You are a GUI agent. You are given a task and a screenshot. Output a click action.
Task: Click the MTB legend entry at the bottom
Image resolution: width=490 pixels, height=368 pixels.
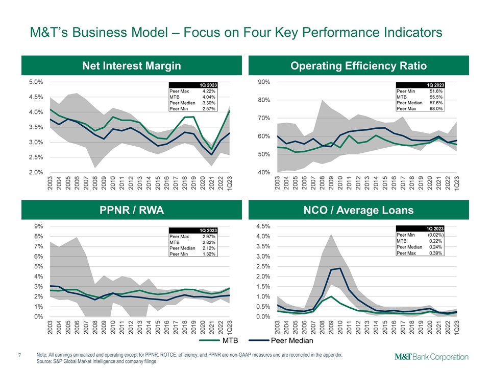pyautogui.click(x=226, y=340)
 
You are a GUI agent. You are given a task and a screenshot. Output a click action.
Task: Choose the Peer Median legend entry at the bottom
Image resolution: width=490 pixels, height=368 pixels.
pyautogui.click(x=288, y=340)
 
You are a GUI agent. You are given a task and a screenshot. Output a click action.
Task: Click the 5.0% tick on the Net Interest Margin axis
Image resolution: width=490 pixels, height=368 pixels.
pyautogui.click(x=35, y=82)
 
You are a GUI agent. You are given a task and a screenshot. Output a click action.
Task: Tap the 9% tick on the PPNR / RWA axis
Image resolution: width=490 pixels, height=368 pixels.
pyautogui.click(x=38, y=226)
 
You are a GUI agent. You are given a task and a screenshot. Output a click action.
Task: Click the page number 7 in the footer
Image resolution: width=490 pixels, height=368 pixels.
pyautogui.click(x=19, y=354)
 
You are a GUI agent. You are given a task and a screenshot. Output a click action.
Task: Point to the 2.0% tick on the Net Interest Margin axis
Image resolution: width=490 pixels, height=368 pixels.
pyautogui.click(x=35, y=172)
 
